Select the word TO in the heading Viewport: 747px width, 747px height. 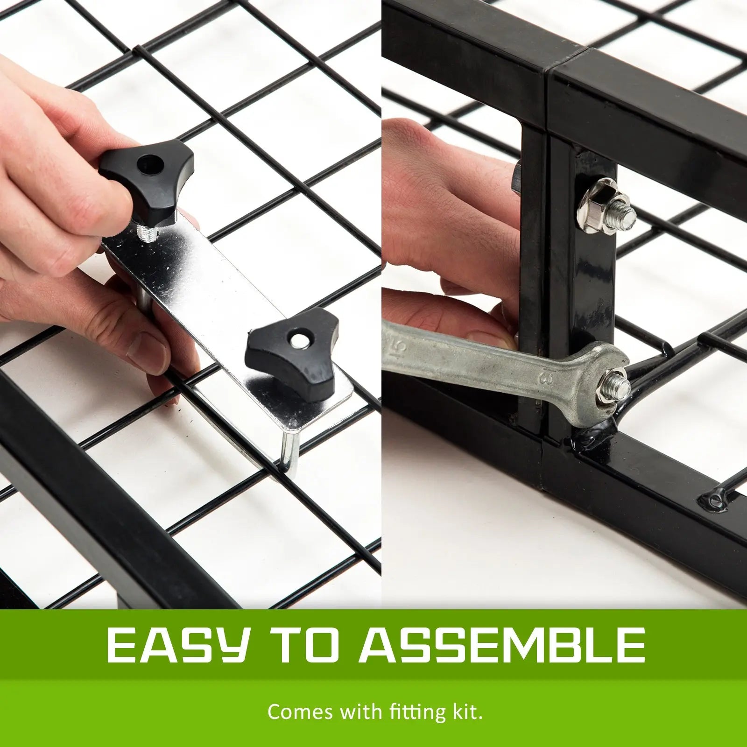tap(311, 645)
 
